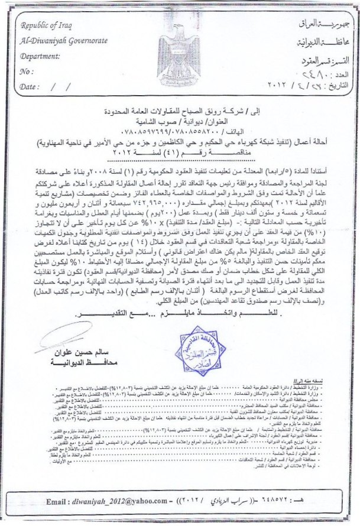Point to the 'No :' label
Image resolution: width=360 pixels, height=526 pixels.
(x=27, y=71)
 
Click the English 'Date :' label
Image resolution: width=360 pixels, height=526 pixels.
(x=30, y=87)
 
